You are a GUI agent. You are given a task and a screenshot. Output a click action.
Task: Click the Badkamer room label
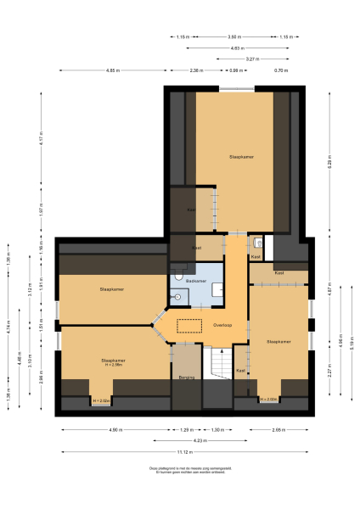click(x=197, y=280)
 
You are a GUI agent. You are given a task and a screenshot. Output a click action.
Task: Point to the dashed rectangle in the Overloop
click(x=188, y=325)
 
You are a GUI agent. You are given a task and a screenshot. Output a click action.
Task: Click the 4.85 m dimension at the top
click(x=112, y=70)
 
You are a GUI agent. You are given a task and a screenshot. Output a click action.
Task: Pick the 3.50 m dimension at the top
click(x=233, y=36)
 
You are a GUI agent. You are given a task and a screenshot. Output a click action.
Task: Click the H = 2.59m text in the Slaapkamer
click(x=113, y=365)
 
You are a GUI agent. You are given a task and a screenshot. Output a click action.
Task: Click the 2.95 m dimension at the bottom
click(x=278, y=430)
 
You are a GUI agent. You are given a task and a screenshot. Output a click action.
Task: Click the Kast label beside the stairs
click(x=240, y=371)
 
